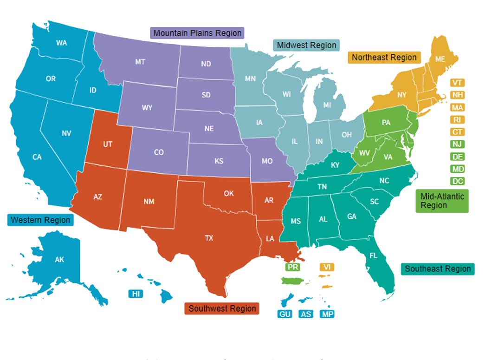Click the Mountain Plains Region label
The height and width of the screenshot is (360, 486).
(x=197, y=33)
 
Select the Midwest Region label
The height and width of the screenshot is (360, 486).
(x=306, y=45)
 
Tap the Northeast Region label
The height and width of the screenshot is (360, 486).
(x=384, y=58)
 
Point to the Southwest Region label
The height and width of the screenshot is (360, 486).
(x=222, y=308)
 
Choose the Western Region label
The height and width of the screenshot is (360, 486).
(x=40, y=220)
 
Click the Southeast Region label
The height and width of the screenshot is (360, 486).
(x=438, y=268)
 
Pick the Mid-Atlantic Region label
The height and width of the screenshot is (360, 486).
(x=442, y=201)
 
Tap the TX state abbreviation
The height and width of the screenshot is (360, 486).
(x=209, y=238)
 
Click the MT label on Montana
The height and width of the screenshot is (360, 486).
(x=140, y=62)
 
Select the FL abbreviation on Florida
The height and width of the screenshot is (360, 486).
(x=373, y=255)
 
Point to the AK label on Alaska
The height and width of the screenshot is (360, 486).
(x=59, y=260)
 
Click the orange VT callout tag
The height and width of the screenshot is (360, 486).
(x=457, y=83)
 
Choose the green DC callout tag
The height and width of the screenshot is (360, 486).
(x=457, y=181)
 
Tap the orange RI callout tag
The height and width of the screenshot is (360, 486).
(x=457, y=119)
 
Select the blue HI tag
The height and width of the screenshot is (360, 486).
(x=136, y=294)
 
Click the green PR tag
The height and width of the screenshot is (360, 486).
(x=292, y=267)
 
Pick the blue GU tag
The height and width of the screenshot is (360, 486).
(x=285, y=314)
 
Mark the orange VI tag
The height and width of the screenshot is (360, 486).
(x=327, y=267)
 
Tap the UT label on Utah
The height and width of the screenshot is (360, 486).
(x=108, y=144)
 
